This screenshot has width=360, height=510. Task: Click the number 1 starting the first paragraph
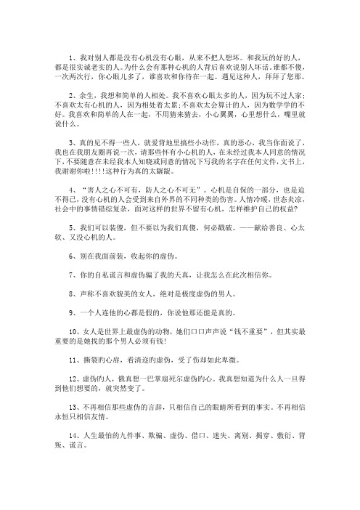71,55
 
